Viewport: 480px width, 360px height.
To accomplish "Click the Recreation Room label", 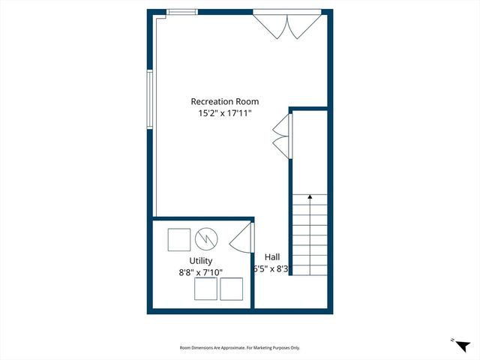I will [x=224, y=101].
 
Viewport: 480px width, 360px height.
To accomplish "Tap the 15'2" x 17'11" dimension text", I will [x=224, y=113].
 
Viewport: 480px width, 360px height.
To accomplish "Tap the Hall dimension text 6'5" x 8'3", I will [x=271, y=268].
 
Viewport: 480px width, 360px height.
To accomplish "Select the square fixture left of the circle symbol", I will [x=178, y=239].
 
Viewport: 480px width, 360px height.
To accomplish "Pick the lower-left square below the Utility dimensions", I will [x=206, y=288].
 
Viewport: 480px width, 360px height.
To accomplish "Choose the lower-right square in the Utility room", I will [x=232, y=288].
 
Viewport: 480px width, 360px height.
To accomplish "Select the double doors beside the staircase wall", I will [x=280, y=136].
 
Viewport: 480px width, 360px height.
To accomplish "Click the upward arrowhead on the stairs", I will [x=310, y=196].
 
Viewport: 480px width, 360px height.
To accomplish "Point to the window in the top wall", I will [x=182, y=11].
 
